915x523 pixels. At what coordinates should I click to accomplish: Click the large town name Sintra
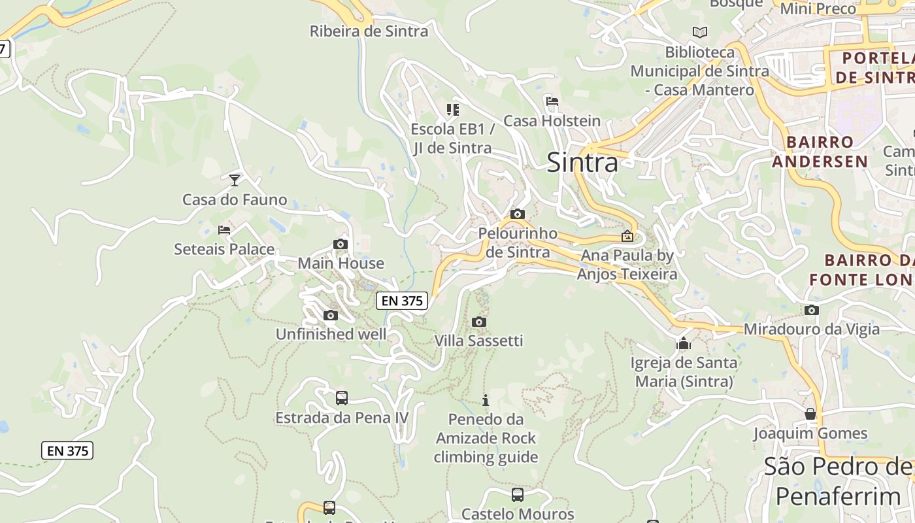(x=582, y=162)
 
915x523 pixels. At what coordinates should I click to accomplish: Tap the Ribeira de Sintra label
(x=369, y=31)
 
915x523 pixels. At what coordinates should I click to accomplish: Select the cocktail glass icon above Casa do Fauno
(x=235, y=180)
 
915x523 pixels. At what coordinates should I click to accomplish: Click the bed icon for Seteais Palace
(x=224, y=230)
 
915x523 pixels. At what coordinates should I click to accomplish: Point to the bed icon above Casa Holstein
(x=552, y=101)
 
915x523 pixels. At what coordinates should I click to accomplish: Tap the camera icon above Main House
(x=341, y=245)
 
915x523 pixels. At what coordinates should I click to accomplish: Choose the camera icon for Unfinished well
(x=331, y=316)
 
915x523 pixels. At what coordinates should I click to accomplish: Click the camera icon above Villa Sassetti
(x=479, y=322)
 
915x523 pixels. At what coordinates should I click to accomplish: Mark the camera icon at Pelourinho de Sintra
(x=518, y=214)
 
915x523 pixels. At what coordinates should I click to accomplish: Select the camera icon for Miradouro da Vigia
(x=812, y=311)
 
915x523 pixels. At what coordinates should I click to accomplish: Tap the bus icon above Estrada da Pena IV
(x=341, y=398)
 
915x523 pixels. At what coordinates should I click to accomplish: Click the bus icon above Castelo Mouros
(x=518, y=495)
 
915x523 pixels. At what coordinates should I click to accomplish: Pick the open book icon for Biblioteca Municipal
(x=699, y=32)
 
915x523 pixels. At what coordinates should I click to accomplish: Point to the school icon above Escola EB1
(x=452, y=109)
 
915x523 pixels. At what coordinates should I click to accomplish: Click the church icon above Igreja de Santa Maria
(x=684, y=343)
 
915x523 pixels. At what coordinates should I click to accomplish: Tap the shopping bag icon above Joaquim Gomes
(x=810, y=414)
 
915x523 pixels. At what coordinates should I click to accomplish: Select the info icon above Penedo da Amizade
(x=485, y=400)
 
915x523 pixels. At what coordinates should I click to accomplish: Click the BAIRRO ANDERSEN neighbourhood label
(x=820, y=152)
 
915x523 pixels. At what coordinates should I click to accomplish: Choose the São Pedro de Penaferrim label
(x=839, y=482)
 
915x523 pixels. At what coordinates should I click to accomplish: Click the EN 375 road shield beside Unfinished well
(x=402, y=301)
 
